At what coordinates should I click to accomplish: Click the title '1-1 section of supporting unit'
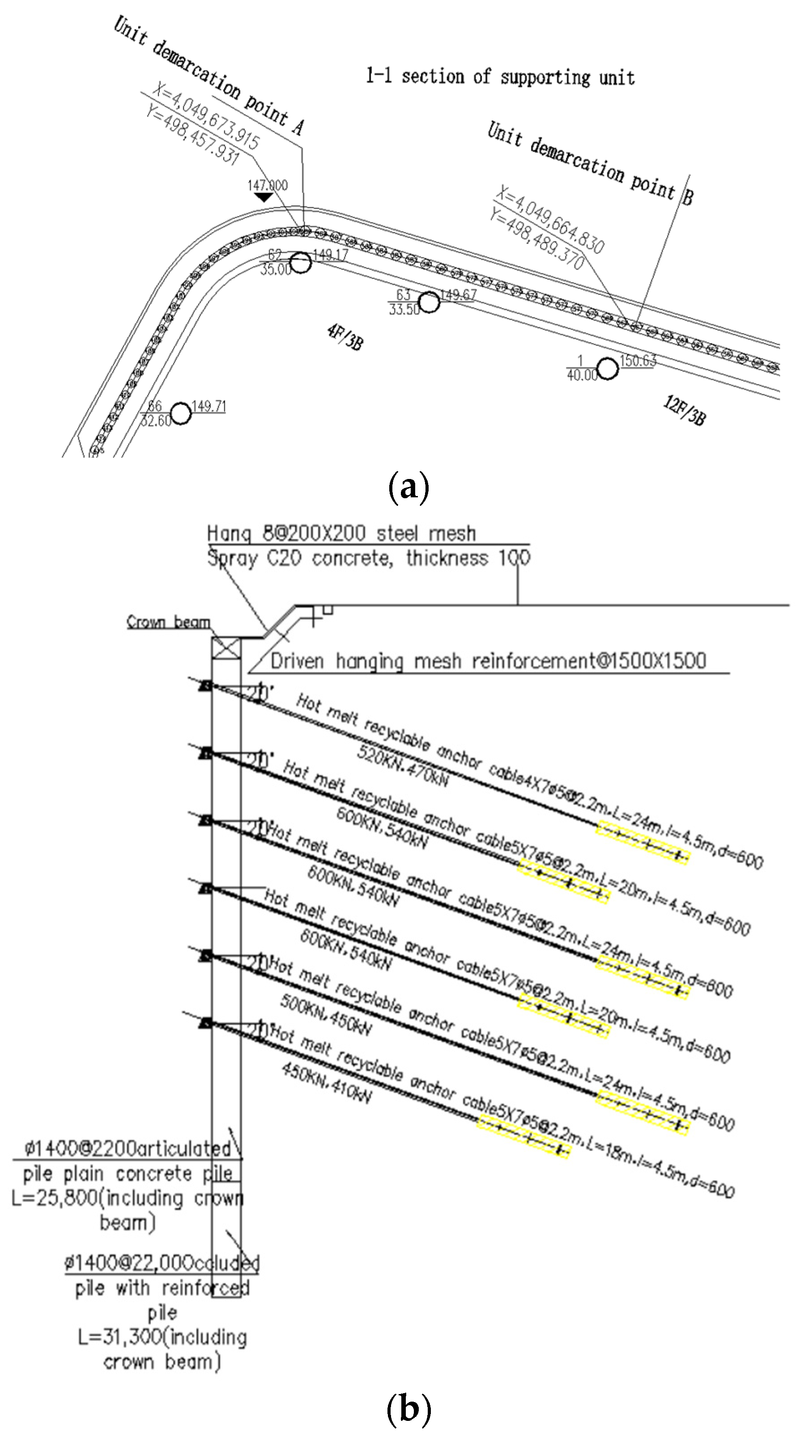pos(500,76)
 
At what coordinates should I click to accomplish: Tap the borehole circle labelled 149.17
pos(301,262)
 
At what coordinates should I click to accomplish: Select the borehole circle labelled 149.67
pos(429,302)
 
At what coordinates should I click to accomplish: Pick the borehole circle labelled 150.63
pos(608,369)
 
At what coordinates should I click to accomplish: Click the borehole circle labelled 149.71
pos(181,413)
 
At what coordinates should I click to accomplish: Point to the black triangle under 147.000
pos(264,197)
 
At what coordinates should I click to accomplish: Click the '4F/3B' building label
pos(345,337)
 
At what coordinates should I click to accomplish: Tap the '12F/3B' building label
pos(684,410)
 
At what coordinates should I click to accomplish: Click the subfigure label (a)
pos(408,487)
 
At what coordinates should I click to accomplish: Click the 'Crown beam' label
pos(168,622)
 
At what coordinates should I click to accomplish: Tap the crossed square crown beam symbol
pos(226,650)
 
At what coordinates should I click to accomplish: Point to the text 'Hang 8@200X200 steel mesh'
pos(341,533)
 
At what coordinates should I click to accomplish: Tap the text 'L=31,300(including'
pos(162,1337)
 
